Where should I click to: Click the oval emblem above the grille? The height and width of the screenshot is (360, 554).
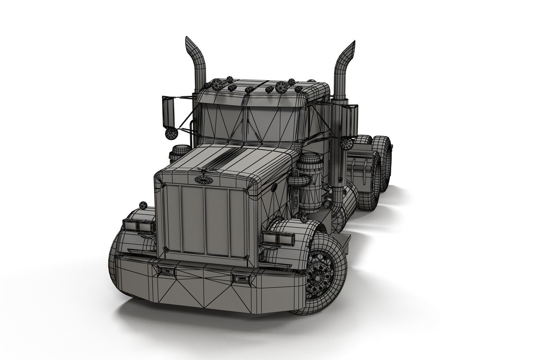click(200, 179)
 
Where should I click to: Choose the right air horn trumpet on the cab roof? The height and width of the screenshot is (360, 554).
click(281, 85)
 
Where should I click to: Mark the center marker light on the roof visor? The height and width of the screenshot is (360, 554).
click(248, 90)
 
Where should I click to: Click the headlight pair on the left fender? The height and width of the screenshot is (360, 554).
click(135, 226)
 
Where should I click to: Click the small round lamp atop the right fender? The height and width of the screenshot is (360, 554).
click(304, 218)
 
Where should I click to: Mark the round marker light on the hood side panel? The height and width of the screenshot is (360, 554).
click(274, 187)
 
